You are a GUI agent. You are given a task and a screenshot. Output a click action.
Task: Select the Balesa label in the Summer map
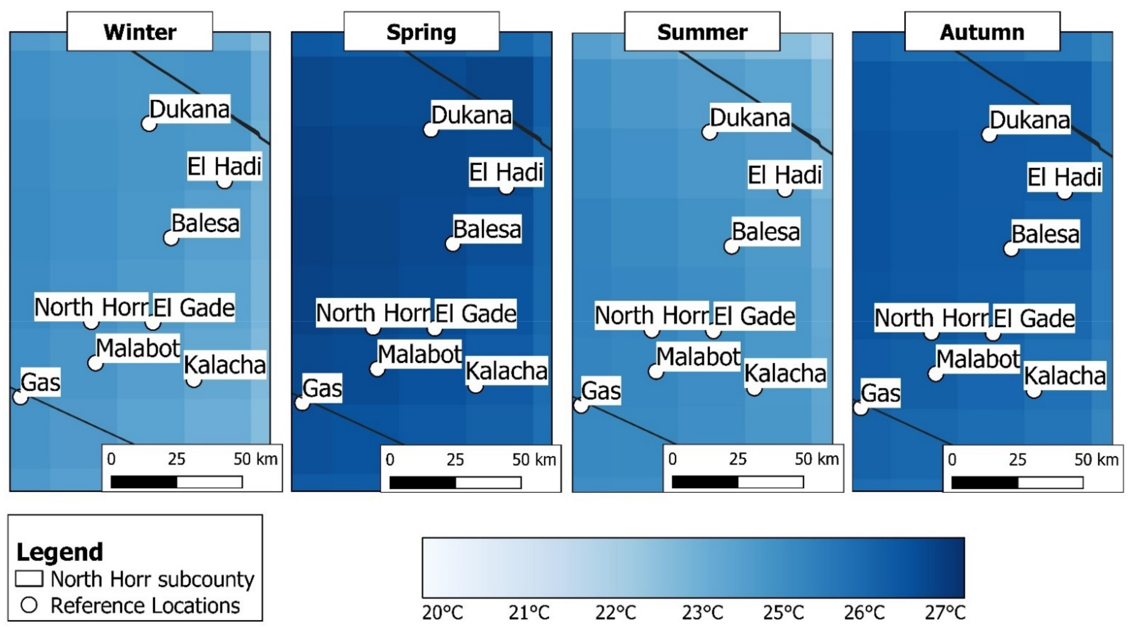766,232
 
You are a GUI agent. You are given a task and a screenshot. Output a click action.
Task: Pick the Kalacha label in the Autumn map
1065,376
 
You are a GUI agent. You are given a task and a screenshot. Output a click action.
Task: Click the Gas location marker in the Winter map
20,397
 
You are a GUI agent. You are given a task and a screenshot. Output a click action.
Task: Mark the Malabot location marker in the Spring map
377,369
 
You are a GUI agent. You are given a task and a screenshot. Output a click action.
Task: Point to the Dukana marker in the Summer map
709,132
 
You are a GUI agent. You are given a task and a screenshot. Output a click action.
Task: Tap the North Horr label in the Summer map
652,315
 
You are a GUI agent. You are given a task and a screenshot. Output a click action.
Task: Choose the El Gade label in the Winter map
194,307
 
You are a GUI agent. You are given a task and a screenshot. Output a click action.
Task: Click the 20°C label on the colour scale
442,612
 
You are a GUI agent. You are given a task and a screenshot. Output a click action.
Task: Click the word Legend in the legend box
60,552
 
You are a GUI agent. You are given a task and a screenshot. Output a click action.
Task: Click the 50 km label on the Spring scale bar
534,460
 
